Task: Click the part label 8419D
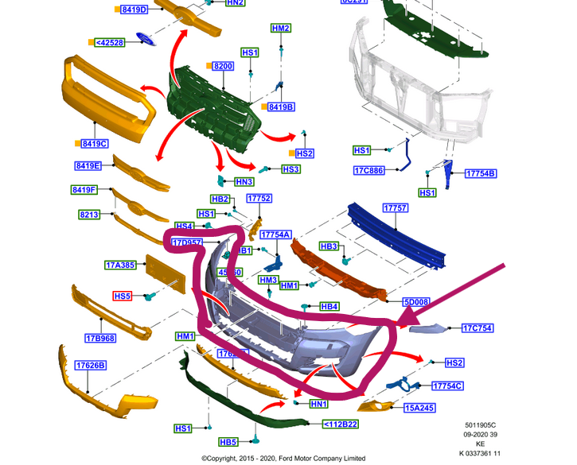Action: point(135,10)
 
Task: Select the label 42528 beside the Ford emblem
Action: point(109,42)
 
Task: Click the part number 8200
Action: point(222,67)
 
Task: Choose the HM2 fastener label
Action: point(281,29)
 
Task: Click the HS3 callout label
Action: point(290,169)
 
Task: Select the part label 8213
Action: point(89,215)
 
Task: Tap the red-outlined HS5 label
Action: point(123,296)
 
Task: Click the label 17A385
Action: point(120,265)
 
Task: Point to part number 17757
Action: point(395,208)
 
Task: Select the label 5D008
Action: point(415,302)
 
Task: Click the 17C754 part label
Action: point(478,327)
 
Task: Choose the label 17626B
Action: point(91,365)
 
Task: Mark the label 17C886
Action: point(369,170)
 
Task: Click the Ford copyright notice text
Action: point(283,458)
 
